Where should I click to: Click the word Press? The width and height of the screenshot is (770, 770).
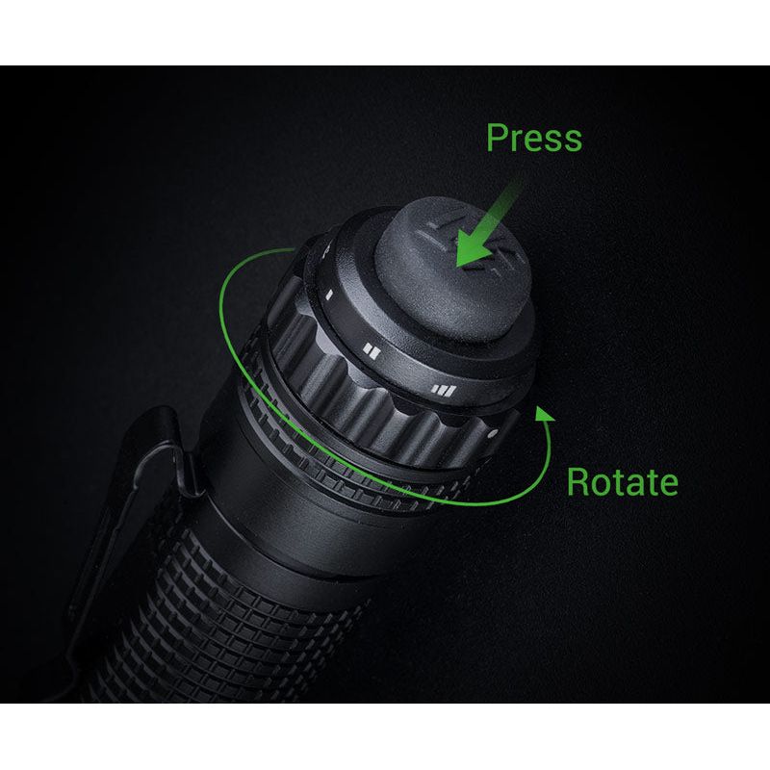tap(533, 138)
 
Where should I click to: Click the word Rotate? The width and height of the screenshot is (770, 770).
tap(621, 480)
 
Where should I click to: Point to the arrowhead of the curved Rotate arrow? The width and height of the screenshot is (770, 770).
tap(545, 414)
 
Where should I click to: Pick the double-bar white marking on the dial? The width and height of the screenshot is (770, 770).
tap(372, 350)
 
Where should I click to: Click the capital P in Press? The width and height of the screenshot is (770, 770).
tap(498, 138)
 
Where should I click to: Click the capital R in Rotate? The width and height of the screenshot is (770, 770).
tap(577, 480)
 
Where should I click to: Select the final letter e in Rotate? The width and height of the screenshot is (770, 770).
tap(666, 482)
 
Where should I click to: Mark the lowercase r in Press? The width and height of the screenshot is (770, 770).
tap(517, 141)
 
